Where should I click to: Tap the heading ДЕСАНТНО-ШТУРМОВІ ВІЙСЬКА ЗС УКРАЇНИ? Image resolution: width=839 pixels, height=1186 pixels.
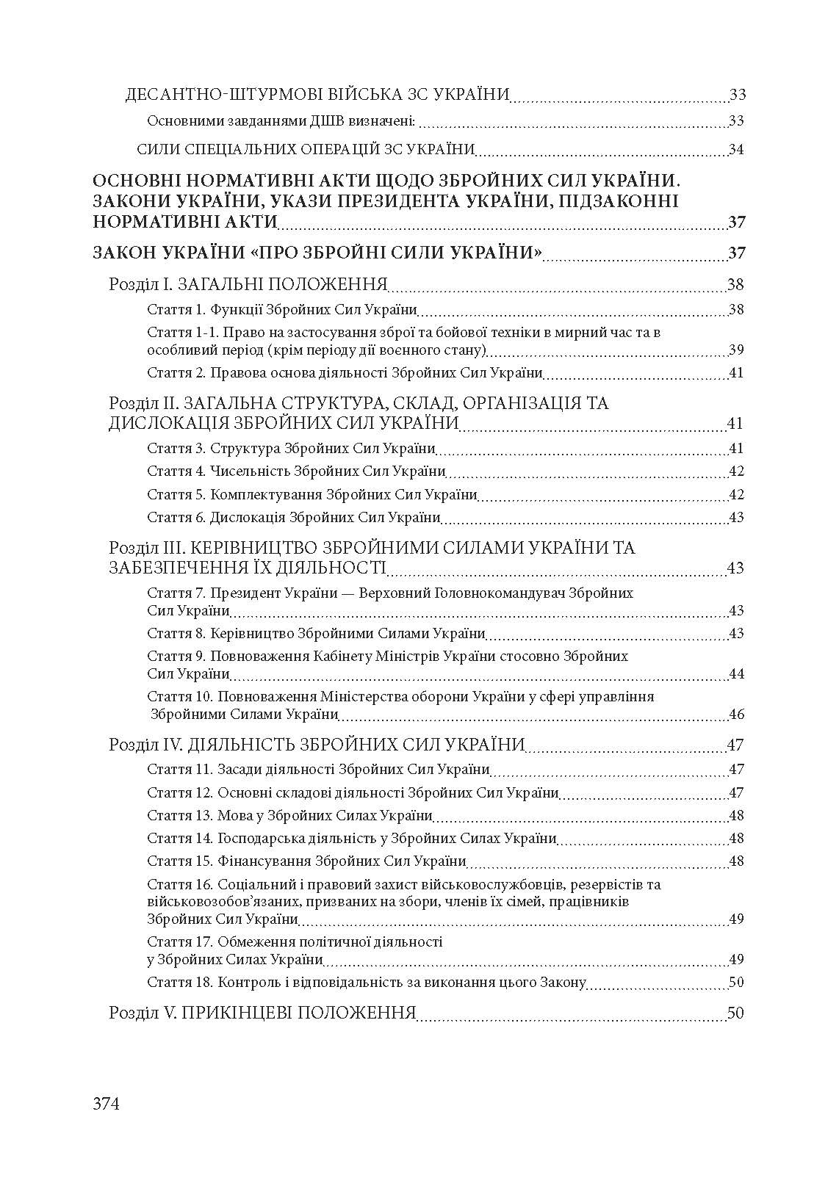[318, 95]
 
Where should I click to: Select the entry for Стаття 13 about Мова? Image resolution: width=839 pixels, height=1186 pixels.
[289, 815]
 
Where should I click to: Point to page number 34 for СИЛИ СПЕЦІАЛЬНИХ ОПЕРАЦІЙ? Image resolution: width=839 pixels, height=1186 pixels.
[736, 150]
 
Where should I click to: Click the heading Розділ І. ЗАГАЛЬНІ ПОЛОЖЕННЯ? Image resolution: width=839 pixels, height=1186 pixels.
[248, 285]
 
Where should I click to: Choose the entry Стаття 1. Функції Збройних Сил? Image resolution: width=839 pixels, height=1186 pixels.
[282, 309]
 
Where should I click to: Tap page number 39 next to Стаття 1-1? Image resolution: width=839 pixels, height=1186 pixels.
[736, 349]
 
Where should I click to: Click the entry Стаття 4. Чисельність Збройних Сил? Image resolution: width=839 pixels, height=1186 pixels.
[296, 471]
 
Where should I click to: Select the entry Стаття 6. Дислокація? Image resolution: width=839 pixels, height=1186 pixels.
[293, 517]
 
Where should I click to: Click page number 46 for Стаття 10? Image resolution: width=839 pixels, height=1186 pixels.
[736, 714]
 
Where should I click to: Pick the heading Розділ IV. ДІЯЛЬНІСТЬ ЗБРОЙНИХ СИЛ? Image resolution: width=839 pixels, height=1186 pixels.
[317, 745]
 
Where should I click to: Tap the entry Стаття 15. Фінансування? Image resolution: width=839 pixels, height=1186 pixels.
[306, 861]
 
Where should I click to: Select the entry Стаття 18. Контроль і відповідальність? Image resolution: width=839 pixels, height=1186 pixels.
[366, 983]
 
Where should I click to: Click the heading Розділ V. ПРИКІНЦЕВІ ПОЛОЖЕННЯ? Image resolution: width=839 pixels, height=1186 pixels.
[262, 1013]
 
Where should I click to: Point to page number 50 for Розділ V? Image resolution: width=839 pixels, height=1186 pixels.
[735, 1013]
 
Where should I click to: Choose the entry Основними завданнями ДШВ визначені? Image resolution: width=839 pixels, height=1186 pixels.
[282, 120]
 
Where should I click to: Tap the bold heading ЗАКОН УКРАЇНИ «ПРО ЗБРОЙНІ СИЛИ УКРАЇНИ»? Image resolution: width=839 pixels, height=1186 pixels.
[318, 253]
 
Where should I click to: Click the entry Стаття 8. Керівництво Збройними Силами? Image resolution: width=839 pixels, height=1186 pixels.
[316, 633]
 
